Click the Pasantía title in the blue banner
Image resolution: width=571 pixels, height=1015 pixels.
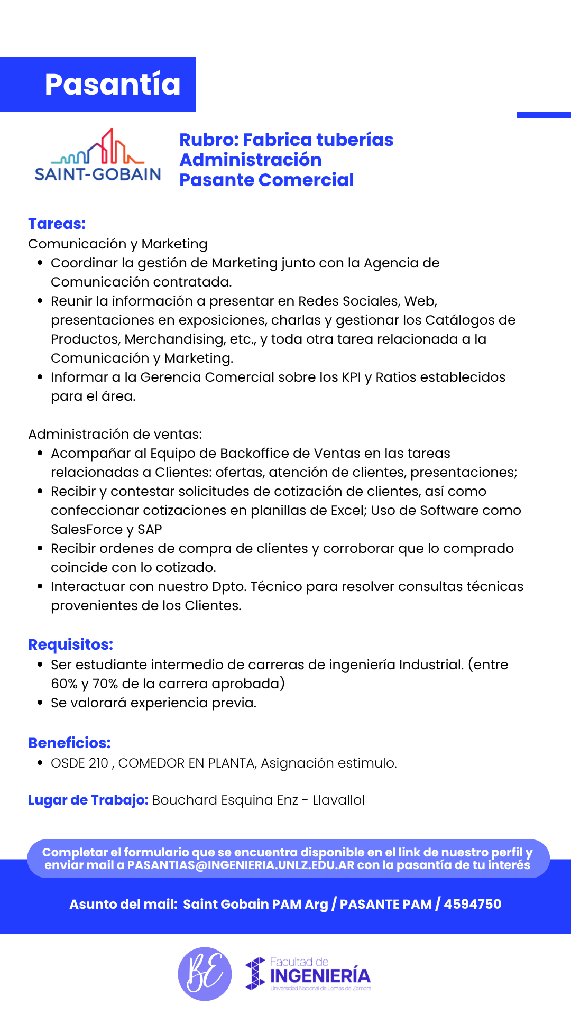tap(112, 85)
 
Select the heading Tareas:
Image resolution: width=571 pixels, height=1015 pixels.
tap(57, 224)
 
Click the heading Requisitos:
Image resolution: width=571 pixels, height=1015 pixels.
tap(70, 644)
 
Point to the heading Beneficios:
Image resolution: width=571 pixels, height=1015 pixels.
tap(69, 743)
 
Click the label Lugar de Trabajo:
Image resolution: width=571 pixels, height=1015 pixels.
tap(88, 800)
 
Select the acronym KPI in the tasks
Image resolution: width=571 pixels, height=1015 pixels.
tap(351, 377)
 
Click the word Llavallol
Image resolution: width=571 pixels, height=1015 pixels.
tap(338, 800)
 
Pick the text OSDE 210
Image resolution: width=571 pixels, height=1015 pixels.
tap(79, 763)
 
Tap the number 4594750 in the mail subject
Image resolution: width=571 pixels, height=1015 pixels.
tap(473, 904)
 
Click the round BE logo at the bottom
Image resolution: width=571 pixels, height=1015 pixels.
tap(205, 974)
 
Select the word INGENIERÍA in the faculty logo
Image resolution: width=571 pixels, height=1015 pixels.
tap(320, 975)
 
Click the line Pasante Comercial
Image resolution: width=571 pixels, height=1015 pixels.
tap(266, 180)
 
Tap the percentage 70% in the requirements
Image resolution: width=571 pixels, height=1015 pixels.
tap(105, 684)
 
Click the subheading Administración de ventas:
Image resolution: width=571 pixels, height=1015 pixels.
tap(115, 434)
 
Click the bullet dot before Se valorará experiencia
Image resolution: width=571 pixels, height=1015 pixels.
tap(40, 703)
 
